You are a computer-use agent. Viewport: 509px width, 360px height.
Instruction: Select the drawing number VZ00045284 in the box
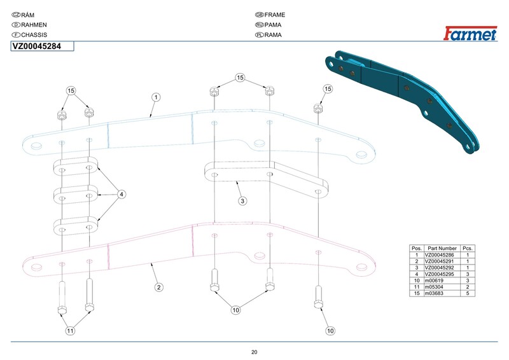[x=37, y=46]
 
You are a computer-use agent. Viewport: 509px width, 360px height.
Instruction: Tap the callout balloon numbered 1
[x=156, y=97]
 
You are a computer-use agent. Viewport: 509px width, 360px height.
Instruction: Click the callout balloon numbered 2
[x=159, y=287]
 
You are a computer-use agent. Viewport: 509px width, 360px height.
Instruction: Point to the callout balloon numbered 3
[x=242, y=201]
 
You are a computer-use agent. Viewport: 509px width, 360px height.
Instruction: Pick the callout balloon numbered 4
[x=122, y=194]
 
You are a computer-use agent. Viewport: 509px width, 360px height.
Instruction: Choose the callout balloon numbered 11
[x=71, y=331]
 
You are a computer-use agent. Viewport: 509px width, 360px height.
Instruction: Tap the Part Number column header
[x=442, y=248]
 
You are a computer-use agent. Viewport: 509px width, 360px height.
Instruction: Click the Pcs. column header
[x=468, y=248]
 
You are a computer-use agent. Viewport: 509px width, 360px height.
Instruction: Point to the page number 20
[x=254, y=352]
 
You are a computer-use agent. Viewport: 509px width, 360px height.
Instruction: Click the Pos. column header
[x=417, y=248]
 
